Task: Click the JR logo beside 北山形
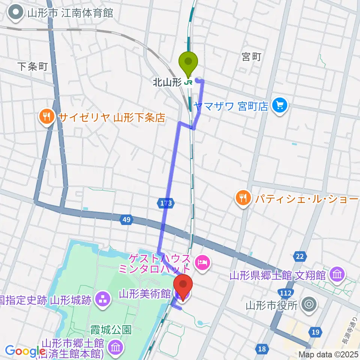click(x=189, y=82)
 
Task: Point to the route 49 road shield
click(x=126, y=220)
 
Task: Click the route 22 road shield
click(x=300, y=256)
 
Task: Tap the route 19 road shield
click(x=315, y=331)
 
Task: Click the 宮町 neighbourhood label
click(x=251, y=57)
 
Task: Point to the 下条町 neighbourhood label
click(x=32, y=67)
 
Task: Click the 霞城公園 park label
click(x=111, y=330)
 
